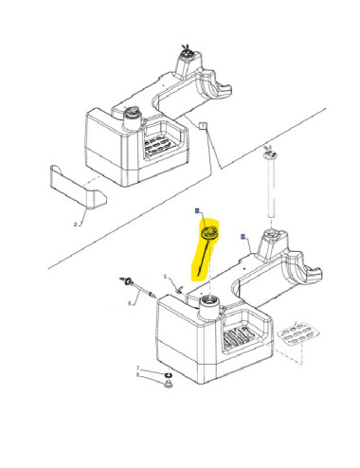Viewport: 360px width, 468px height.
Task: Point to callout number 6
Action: coord(130,303)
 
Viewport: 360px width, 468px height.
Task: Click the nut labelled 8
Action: coord(167,383)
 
